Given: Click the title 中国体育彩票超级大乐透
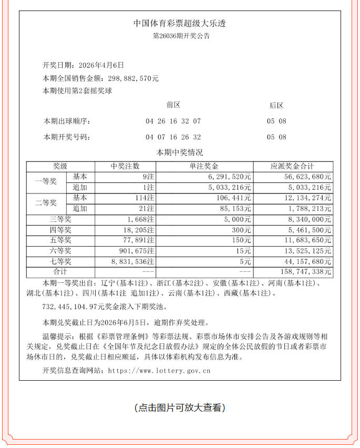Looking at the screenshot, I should pos(180,24).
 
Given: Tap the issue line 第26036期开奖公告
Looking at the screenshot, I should pos(180,36).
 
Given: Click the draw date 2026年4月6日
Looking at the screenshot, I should pos(101,66).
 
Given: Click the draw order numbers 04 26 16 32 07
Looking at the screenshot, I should pos(173,121).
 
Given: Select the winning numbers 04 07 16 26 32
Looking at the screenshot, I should pos(173,137).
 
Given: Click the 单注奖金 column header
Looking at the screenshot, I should pos(204,166).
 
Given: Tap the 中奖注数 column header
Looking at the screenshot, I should pos(125,166).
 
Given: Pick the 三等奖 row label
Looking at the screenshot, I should pos(60,219).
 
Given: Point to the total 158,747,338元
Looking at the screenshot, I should pos(307,272).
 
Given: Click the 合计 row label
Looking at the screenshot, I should pos(60,272).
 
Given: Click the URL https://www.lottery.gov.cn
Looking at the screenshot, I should pos(159,371).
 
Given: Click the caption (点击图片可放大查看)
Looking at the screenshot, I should pos(180,408).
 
